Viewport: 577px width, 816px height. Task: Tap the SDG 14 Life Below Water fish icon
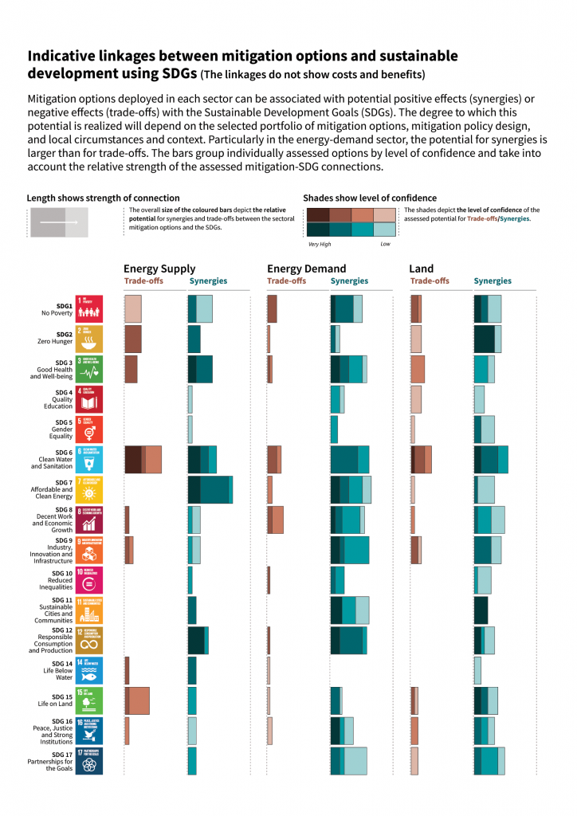[89, 671]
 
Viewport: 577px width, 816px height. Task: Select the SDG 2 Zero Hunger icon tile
[89, 339]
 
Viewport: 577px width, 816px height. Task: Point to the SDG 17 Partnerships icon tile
[89, 762]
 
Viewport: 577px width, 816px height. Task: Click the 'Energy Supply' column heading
[159, 269]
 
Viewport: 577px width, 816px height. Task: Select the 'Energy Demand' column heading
[306, 269]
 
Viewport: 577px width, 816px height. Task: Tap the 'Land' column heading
[421, 269]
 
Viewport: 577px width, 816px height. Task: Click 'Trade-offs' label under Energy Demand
[286, 281]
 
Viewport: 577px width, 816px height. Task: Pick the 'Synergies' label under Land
[493, 281]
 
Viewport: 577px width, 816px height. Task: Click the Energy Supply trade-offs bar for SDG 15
[137, 700]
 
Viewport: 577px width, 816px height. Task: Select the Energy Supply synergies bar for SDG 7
[210, 489]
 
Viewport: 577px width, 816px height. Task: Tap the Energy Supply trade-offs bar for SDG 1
[133, 308]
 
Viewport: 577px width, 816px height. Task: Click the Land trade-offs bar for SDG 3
[418, 369]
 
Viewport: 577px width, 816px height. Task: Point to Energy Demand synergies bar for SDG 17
[349, 761]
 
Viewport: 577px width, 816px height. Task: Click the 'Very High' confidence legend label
[320, 244]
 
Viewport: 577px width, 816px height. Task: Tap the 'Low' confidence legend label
[385, 244]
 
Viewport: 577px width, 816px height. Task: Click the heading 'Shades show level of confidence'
[369, 198]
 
